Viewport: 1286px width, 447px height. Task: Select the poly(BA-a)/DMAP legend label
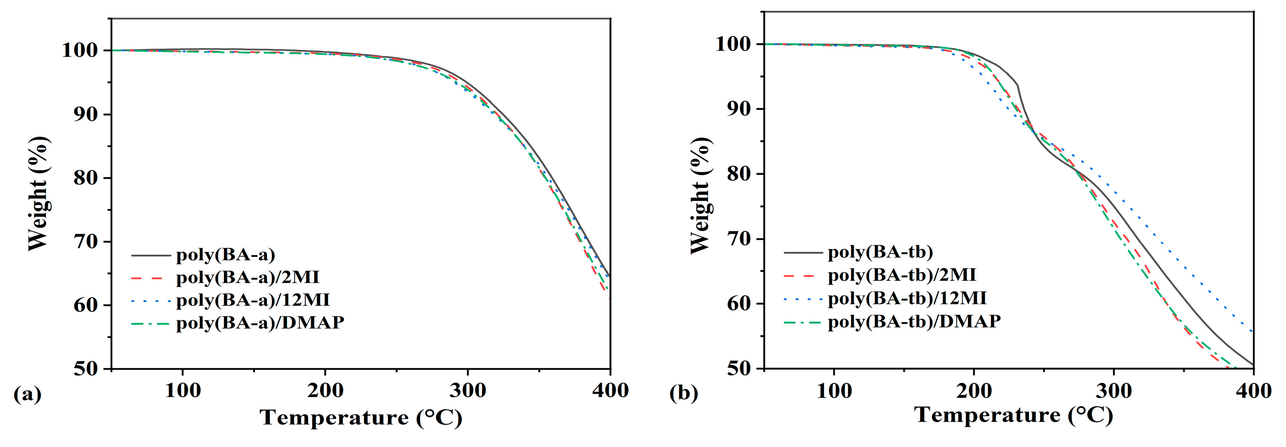point(260,323)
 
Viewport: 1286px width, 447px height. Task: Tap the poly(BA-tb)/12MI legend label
point(907,298)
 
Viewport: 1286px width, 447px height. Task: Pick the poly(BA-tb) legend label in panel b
point(880,252)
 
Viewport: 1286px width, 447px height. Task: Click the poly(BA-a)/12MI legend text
point(253,300)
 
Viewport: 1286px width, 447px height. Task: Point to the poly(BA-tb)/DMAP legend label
point(914,321)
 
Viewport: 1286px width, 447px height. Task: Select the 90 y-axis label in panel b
point(739,109)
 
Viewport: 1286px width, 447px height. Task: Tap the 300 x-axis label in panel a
point(468,391)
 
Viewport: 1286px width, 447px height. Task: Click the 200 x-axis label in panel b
point(974,391)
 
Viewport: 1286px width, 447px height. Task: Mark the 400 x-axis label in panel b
point(1253,391)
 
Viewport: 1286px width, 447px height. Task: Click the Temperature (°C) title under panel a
point(361,418)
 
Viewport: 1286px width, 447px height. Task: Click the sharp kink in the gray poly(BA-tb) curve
point(1017,85)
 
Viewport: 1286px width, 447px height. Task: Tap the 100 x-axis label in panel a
point(183,391)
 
